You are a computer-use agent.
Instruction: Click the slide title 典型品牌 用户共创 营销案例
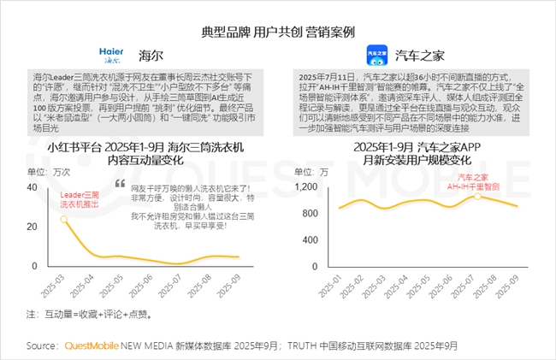(x=278, y=31)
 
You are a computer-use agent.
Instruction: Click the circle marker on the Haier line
(x=64, y=219)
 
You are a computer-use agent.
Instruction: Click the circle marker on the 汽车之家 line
(x=476, y=197)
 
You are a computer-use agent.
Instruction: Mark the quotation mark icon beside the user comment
(x=120, y=185)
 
